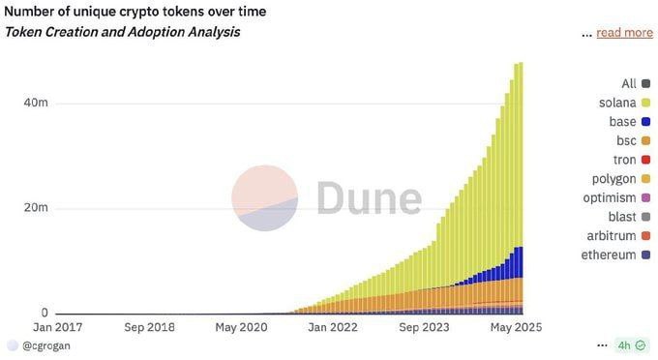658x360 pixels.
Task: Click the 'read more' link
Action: click(x=624, y=33)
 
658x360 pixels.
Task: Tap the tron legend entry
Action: click(x=624, y=160)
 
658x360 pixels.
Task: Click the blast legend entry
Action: click(x=622, y=217)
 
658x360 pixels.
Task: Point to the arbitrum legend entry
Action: click(x=611, y=236)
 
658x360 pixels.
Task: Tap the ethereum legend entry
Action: click(x=609, y=255)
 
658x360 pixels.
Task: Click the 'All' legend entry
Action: click(x=628, y=84)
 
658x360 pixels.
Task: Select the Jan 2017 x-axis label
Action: click(x=57, y=327)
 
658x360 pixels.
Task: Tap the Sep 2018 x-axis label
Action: click(x=149, y=327)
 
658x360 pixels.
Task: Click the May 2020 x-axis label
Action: click(x=241, y=327)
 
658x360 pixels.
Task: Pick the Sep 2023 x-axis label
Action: click(x=425, y=327)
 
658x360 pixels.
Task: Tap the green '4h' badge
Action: click(x=624, y=345)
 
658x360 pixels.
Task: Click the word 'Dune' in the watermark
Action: click(x=370, y=196)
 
